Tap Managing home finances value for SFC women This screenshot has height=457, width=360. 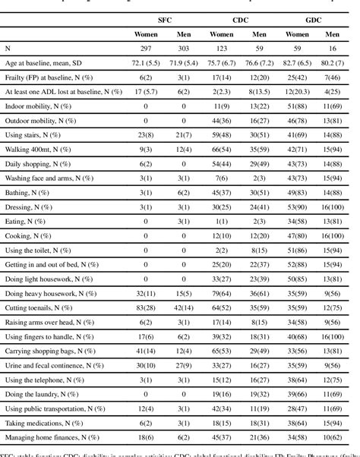143,438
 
